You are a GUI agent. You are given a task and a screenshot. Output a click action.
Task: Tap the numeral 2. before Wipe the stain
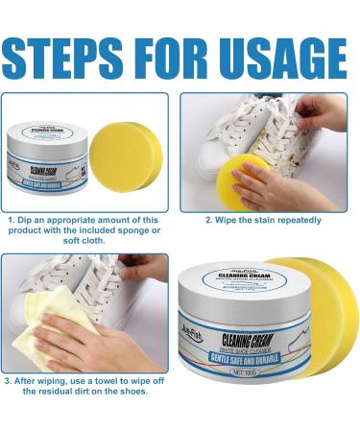pos(209,219)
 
